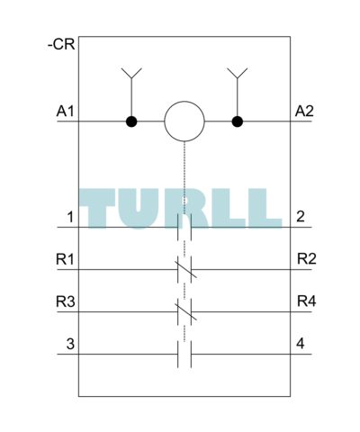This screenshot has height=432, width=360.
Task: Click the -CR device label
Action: pos(61,45)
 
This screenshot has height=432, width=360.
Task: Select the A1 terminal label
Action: pos(65,112)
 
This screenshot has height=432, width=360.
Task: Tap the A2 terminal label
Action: pos(304,112)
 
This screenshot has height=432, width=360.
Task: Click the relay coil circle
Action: pos(184,121)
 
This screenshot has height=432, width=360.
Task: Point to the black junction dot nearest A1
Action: pos(131,121)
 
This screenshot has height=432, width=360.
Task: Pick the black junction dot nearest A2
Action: pos(238,121)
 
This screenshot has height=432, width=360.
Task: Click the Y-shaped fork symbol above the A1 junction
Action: pos(131,74)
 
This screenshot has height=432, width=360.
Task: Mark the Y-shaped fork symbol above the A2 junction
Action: pos(238,74)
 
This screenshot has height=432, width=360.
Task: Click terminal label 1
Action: pos(70,217)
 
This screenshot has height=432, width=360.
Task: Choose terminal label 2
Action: pos(301,217)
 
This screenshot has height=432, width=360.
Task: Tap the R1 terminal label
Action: pos(65,259)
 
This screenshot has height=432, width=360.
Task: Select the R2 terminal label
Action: pos(307,259)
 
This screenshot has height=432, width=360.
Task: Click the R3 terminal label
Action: pos(66,301)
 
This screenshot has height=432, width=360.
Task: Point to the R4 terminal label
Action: pos(307,301)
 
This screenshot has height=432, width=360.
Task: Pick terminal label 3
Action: pos(70,344)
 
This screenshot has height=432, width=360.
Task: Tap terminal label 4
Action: pos(301,344)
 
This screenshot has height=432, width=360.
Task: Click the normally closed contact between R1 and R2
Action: pos(184,269)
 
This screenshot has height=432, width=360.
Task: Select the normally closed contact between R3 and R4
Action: pos(184,311)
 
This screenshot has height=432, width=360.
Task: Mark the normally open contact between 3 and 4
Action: pos(184,355)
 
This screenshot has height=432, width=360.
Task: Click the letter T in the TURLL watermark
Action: pos(97,209)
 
